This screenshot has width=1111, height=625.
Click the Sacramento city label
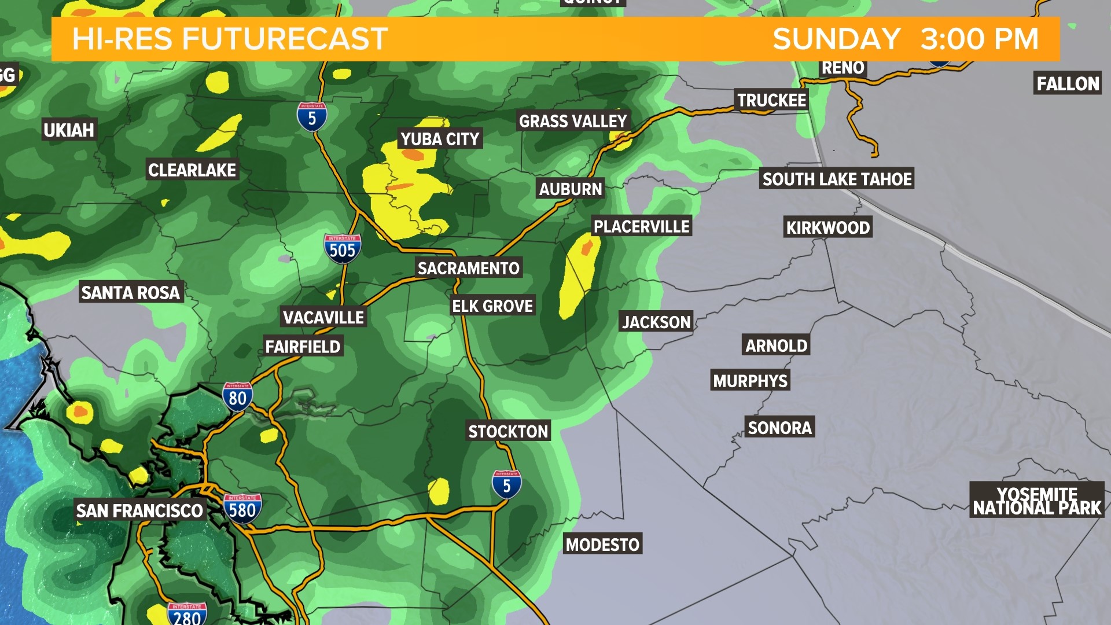pos(468,268)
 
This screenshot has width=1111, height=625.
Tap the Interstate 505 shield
pos(343,249)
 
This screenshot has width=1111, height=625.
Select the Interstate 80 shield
pos(237,397)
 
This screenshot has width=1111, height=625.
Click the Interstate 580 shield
pos(242,509)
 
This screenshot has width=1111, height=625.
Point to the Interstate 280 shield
pos(186,615)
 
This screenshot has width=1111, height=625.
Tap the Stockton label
pos(508,431)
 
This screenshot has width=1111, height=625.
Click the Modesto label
pos(602,544)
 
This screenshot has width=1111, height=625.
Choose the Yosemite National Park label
pos(1037,501)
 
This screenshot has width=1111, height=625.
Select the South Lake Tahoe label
pos(837,179)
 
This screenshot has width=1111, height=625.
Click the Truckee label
pos(771,100)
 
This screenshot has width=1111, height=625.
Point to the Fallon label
pos(1068,84)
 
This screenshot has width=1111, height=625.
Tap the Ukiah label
pos(69,130)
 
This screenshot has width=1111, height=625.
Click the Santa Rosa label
pos(131,292)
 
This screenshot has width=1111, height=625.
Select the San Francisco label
pos(139,510)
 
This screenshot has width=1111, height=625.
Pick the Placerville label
pos(641,226)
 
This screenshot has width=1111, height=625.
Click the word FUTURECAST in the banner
pos(285,39)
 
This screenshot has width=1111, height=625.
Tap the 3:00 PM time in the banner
pos(979,39)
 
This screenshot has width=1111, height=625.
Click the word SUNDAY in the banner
pos(836,39)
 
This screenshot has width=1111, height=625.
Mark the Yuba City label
pos(440,139)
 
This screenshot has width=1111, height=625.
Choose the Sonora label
pos(779,428)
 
